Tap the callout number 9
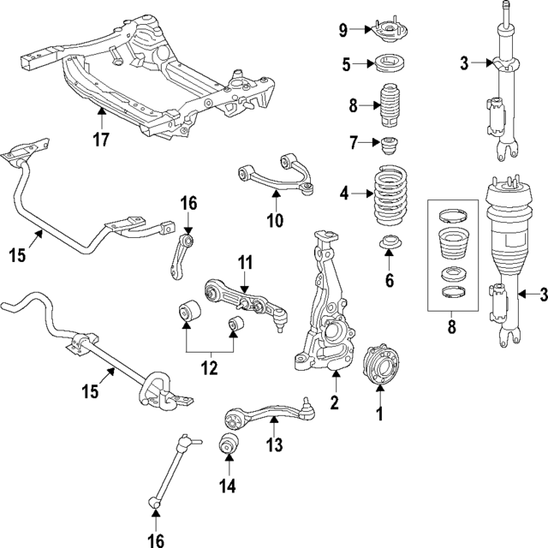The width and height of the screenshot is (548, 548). tap(342, 32)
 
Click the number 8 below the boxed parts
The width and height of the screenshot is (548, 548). tap(451, 325)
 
